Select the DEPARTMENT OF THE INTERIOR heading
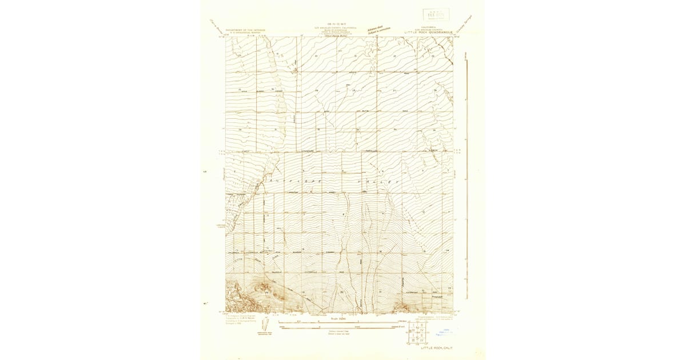coord(245,30)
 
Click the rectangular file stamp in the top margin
coord(436,14)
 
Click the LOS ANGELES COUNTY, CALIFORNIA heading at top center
coord(336,27)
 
